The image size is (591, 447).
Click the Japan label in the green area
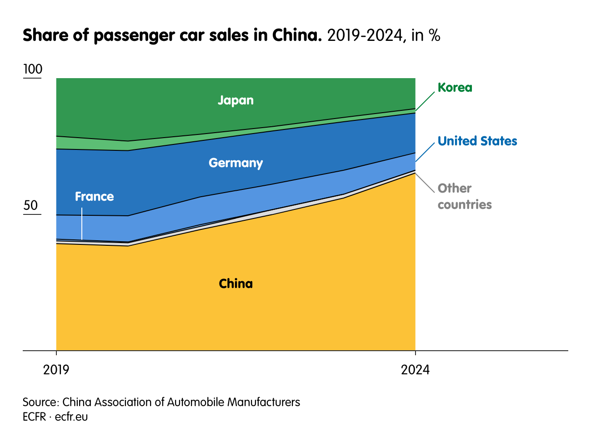coord(235,100)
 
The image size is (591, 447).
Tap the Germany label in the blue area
coord(235,163)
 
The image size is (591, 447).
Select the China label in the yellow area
coord(235,283)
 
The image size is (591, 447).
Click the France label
coord(94,196)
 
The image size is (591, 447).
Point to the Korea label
coord(455,87)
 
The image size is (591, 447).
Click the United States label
coord(477,141)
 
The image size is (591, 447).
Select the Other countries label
coord(464,196)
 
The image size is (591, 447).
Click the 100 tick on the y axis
coord(32,70)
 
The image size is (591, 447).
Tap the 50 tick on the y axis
coord(31,205)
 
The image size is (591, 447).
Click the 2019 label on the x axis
coord(56,370)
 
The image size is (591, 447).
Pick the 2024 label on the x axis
coord(415,370)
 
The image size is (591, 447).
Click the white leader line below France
coord(82,223)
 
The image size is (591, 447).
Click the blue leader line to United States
coord(425,152)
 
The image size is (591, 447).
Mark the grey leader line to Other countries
coord(425,182)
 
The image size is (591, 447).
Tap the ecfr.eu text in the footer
coord(71,417)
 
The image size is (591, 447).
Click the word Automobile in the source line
coord(197,402)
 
